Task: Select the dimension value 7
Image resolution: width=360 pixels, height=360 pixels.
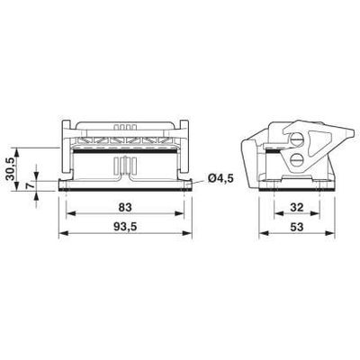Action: pos(29,186)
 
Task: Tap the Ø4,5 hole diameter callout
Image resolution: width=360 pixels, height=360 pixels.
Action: pos(220,178)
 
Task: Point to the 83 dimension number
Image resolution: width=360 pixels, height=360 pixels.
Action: pos(125,207)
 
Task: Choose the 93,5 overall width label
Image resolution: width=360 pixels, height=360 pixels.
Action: pos(125,227)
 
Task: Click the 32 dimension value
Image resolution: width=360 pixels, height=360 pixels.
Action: pos(297,207)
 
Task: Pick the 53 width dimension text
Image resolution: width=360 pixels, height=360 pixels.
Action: pos(297,227)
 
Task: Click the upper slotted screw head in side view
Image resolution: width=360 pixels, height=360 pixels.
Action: pos(296,139)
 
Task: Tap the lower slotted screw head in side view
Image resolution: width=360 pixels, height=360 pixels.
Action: pos(296,158)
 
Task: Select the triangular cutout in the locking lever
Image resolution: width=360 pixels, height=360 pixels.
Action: pos(319,141)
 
